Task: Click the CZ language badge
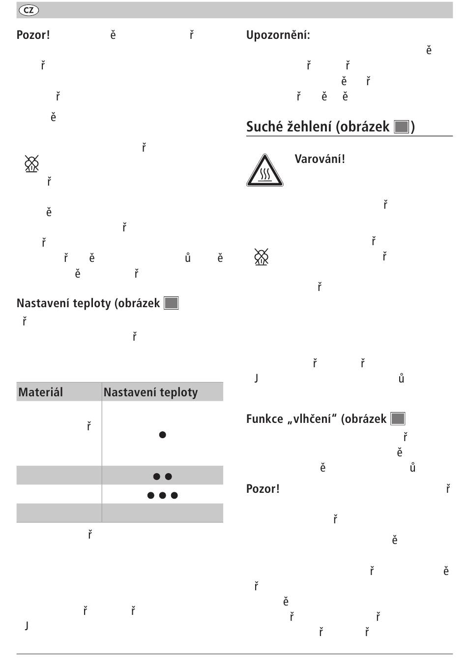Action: pos(29,10)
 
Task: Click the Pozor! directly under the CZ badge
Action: pos(33,35)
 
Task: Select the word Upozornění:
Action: pos(278,35)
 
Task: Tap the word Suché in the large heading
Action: pos(264,127)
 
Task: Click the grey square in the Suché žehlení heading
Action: pos(402,127)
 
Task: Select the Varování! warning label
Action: pos(320,159)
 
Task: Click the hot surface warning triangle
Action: pos(264,171)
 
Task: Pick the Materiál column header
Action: pos(41,392)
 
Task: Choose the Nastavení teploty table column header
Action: pos(150,392)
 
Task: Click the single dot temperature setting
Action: pos(162,435)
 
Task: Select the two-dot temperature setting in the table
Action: pos(162,476)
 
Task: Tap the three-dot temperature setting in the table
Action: pos(162,495)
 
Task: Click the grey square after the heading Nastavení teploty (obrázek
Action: pos(171,303)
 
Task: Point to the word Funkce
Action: pos(264,419)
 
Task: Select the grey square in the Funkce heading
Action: pos(398,419)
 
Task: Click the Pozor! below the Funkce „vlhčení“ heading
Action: pos(263,489)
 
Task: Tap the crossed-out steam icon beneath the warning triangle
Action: pos(262,257)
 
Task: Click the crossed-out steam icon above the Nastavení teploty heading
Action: pos(31,163)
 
